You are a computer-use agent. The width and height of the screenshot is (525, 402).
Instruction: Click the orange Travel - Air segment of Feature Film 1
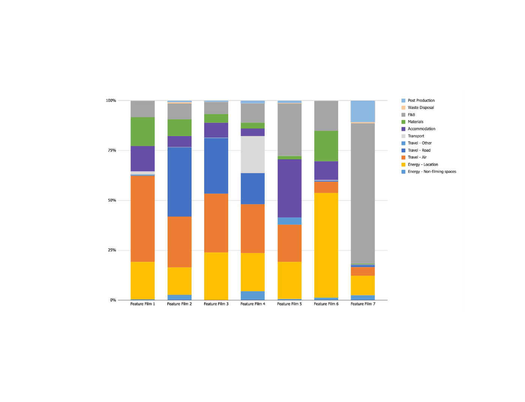[142, 219]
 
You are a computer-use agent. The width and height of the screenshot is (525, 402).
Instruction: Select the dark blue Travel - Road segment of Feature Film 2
[179, 182]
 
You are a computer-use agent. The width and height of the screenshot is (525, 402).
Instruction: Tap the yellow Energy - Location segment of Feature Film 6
[326, 245]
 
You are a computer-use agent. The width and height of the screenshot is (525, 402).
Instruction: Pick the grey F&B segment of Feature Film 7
[363, 193]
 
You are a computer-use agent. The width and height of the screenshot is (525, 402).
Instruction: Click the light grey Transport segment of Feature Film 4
[252, 154]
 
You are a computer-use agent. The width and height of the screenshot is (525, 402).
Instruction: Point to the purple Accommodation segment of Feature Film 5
[289, 188]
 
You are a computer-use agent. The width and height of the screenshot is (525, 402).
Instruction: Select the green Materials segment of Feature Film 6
[326, 146]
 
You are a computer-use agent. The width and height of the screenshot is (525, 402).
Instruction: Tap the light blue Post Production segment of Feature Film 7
[363, 111]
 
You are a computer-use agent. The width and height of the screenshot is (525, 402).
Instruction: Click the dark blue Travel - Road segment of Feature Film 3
[216, 166]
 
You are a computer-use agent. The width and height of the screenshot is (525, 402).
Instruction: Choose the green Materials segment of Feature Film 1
[142, 132]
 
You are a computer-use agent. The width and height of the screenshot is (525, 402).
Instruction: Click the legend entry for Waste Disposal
[420, 108]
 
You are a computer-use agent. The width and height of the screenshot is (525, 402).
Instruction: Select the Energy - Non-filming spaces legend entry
[432, 172]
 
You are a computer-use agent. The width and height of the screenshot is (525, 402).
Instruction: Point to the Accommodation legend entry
[421, 129]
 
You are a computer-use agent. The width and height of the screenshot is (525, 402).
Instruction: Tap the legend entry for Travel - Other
[419, 143]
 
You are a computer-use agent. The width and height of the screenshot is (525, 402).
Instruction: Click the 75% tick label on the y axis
[112, 150]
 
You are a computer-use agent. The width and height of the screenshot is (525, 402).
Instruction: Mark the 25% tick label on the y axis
[112, 250]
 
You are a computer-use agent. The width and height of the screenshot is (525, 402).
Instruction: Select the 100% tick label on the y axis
[111, 100]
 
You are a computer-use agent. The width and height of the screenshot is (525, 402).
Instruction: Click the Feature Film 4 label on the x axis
[253, 304]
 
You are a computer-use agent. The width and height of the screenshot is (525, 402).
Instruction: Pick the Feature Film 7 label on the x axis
[363, 304]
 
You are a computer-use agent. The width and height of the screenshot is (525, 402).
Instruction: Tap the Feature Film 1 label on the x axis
[142, 304]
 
